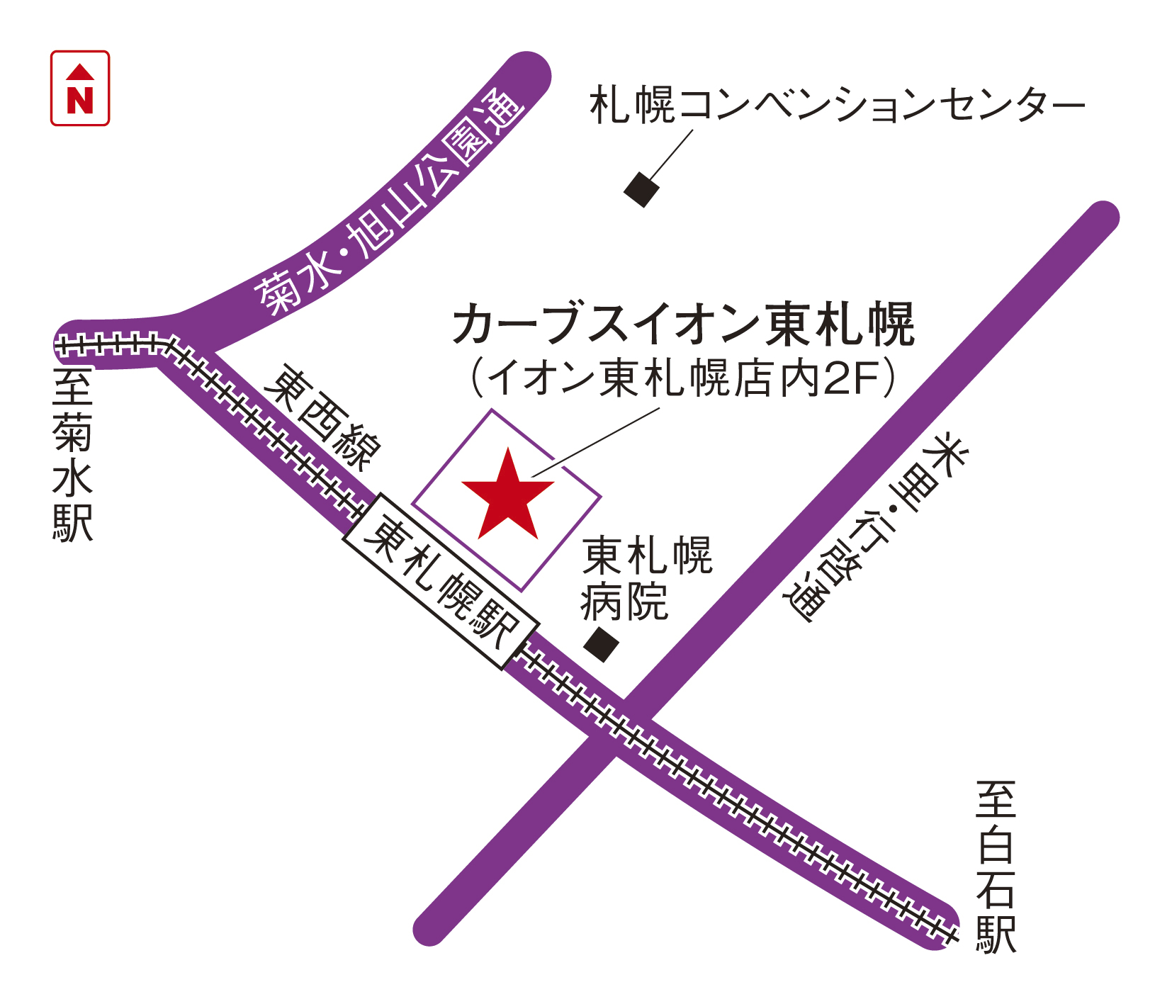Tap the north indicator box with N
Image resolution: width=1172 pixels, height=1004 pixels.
(x=80, y=88)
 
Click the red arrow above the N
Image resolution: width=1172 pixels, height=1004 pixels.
(x=80, y=72)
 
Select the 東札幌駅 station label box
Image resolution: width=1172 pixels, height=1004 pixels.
(x=441, y=580)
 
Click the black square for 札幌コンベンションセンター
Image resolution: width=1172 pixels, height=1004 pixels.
(x=642, y=189)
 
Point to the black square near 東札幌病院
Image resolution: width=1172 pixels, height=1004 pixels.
(x=602, y=644)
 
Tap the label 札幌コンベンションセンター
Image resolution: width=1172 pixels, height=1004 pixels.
(x=837, y=106)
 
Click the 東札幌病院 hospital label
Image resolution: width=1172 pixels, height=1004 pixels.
(x=646, y=578)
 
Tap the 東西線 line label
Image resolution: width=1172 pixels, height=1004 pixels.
(x=322, y=418)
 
